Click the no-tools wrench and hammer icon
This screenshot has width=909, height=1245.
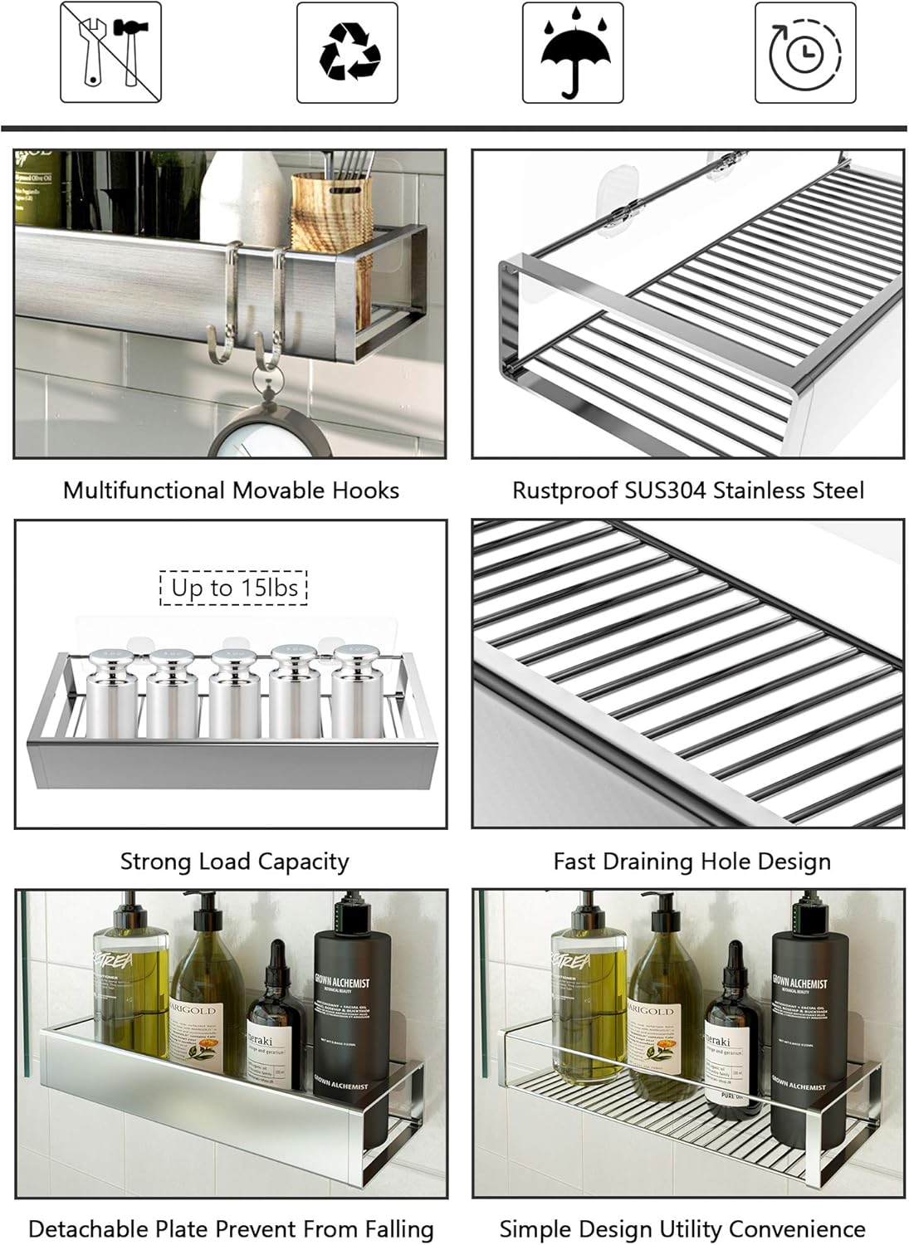click(x=110, y=52)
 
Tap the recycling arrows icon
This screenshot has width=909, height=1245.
click(x=347, y=52)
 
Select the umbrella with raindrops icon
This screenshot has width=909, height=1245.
click(x=573, y=52)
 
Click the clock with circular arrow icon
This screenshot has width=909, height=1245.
click(x=804, y=52)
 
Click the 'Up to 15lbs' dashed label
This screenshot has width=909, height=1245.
click(x=234, y=588)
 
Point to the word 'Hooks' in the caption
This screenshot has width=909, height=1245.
click(x=365, y=491)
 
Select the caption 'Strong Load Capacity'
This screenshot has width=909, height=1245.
click(x=234, y=862)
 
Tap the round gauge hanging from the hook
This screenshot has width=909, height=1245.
click(x=268, y=432)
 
